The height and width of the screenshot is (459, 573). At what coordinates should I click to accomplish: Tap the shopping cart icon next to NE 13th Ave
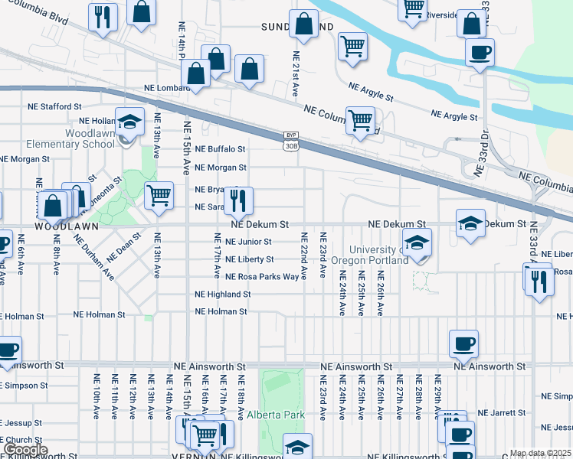tap(159, 194)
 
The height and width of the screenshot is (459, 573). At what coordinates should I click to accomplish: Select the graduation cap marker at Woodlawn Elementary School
tap(129, 121)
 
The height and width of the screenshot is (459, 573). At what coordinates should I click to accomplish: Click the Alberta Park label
tap(276, 415)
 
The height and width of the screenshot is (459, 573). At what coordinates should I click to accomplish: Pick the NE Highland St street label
tap(223, 294)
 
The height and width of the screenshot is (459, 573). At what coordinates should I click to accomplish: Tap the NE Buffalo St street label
tap(220, 149)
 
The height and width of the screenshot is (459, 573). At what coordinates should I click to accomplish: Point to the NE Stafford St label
tap(54, 107)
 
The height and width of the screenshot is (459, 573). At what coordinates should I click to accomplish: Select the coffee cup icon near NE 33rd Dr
tap(480, 53)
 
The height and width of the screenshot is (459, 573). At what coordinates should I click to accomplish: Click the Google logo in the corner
tap(25, 450)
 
